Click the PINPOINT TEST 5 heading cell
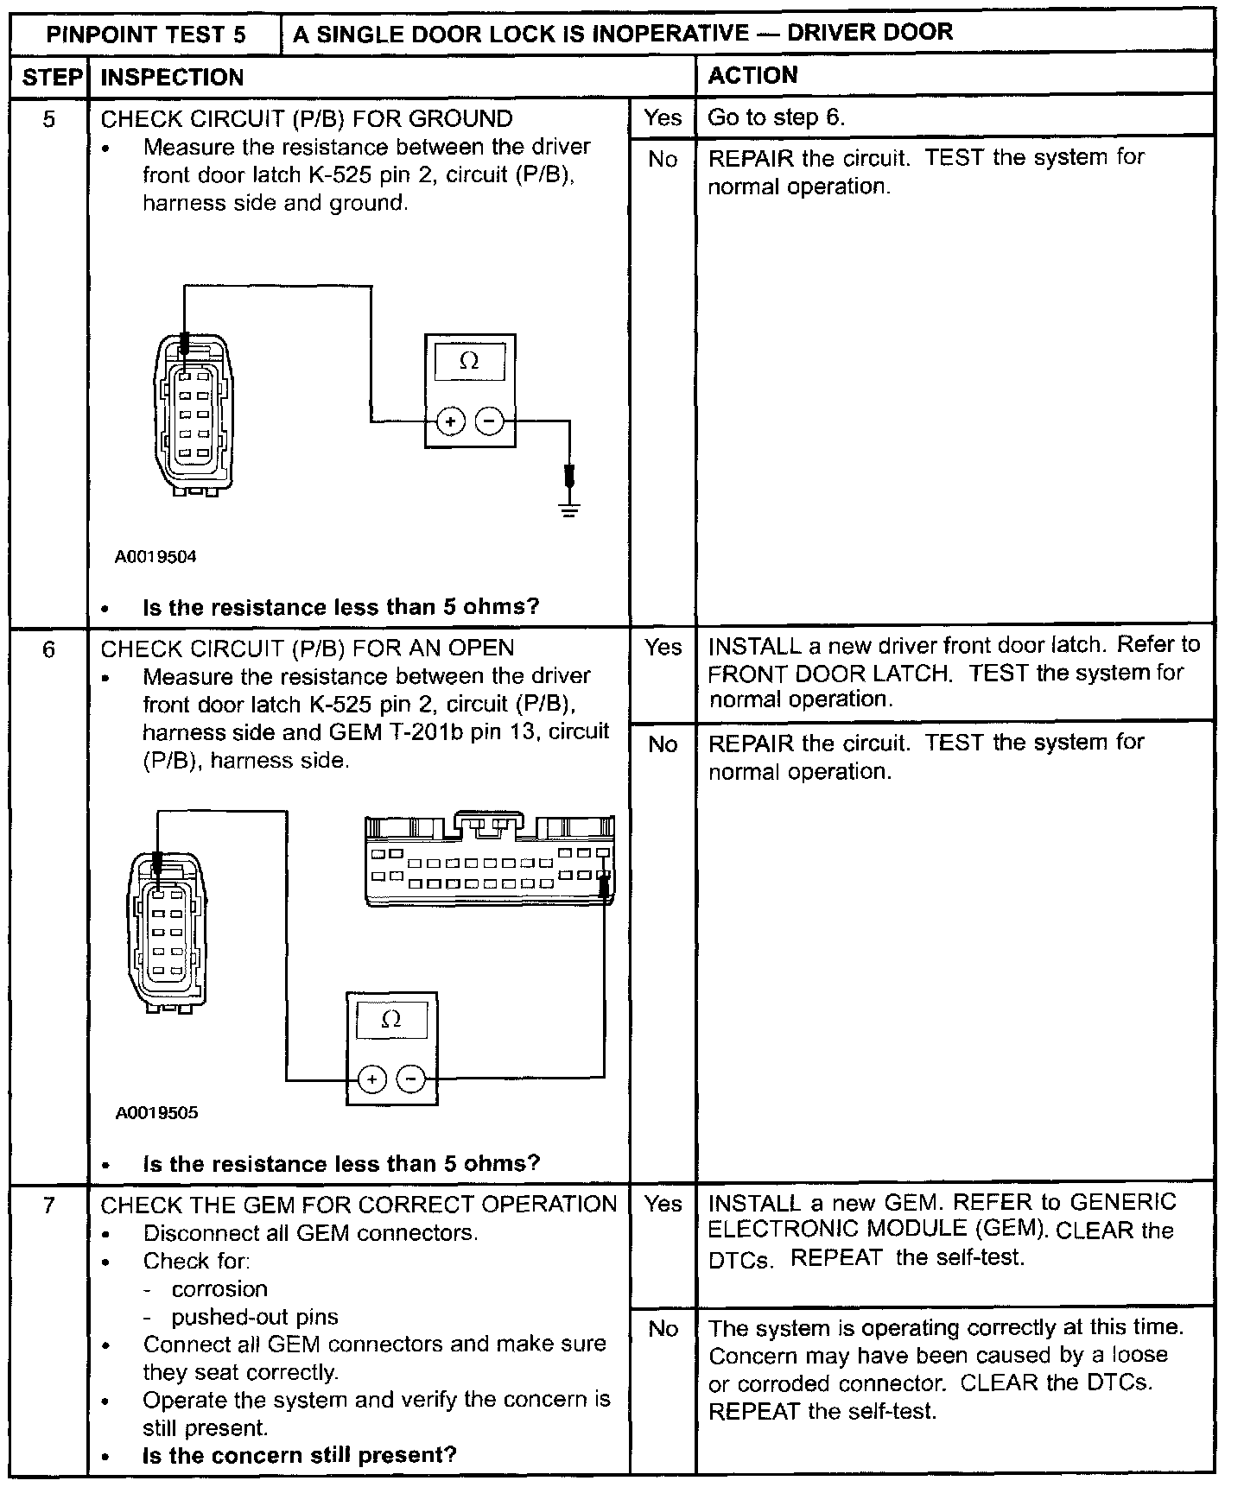point(145,35)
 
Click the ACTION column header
point(752,76)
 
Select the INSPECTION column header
point(172,78)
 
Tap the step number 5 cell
point(49,119)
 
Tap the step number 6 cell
point(49,649)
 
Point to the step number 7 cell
point(49,1205)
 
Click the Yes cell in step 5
point(663,117)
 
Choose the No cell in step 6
point(663,744)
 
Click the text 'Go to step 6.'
point(776,117)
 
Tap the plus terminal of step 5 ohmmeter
point(450,421)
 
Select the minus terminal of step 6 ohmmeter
point(411,1079)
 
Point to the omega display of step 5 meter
point(469,361)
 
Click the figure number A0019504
point(155,557)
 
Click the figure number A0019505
point(156,1113)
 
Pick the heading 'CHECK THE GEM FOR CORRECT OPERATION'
point(359,1205)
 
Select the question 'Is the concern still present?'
point(299,1455)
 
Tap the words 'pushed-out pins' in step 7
point(254,1318)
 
